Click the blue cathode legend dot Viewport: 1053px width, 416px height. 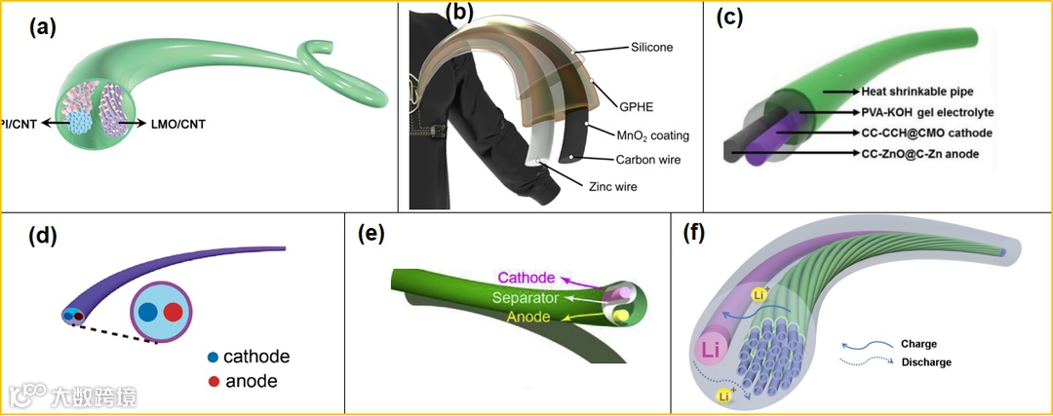tap(212, 357)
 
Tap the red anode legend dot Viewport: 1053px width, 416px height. tap(212, 381)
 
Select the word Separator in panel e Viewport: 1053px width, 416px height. tap(526, 297)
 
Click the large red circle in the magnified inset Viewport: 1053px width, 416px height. tap(173, 313)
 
